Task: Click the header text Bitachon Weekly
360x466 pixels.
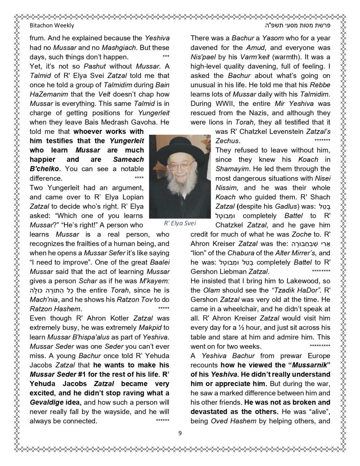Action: [52, 26]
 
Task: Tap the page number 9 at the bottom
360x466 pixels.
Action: [180, 433]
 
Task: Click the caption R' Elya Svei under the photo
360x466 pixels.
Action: [180, 223]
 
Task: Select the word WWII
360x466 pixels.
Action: [224, 104]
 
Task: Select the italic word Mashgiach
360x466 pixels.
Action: [151, 48]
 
